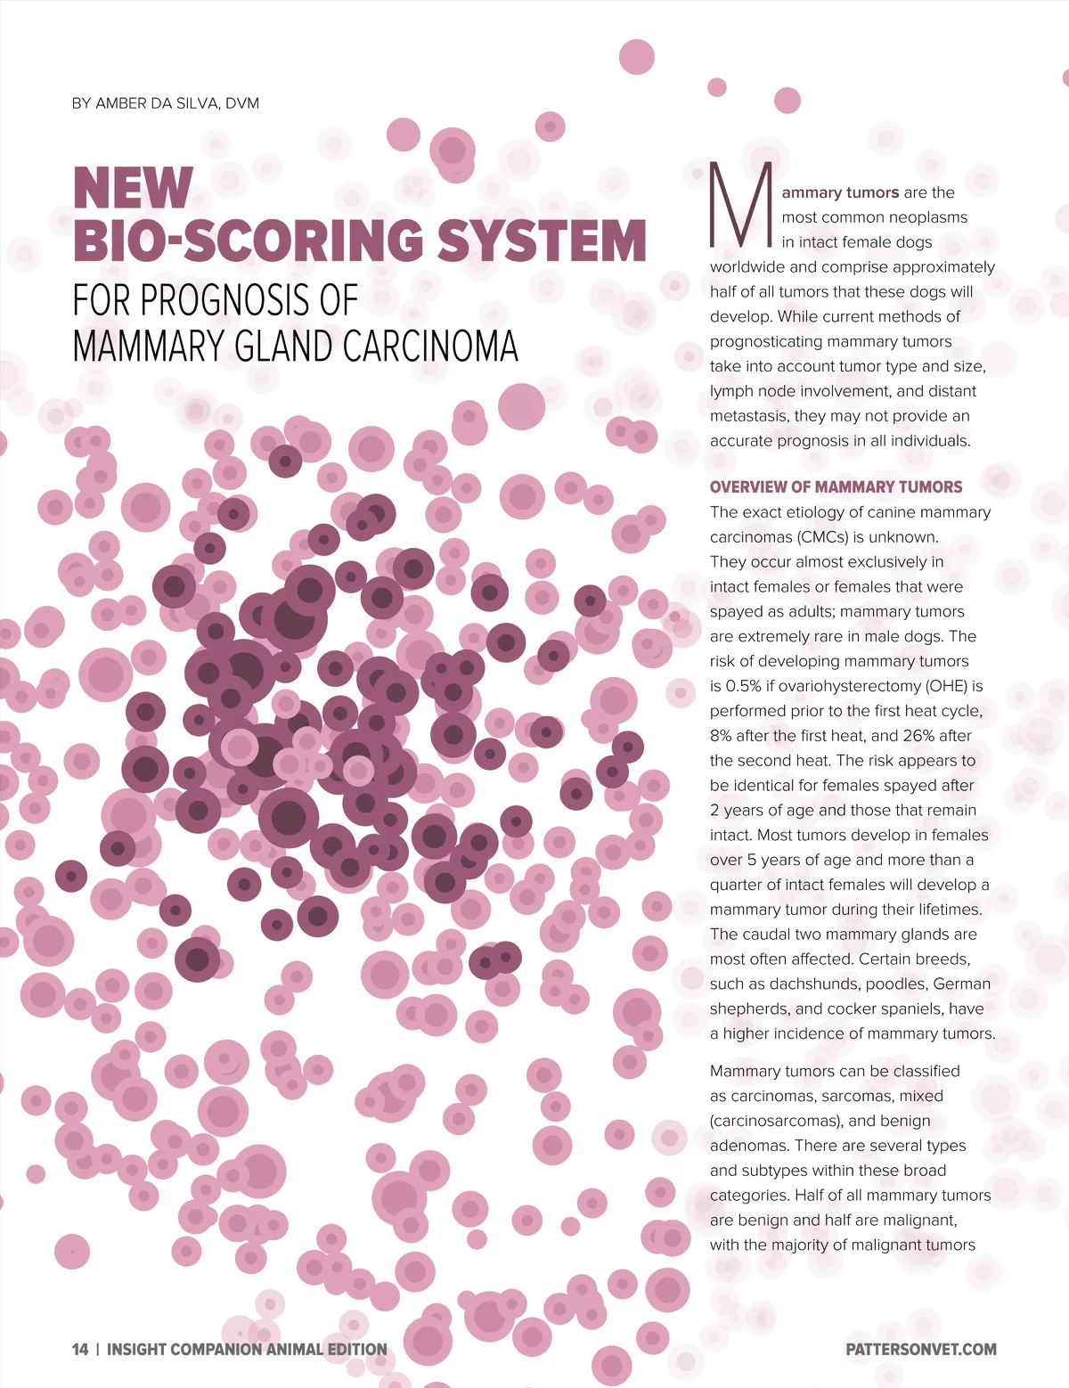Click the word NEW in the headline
pyautogui.click(x=133, y=188)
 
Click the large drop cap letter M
pyautogui.click(x=739, y=205)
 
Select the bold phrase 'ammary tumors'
pyautogui.click(x=840, y=192)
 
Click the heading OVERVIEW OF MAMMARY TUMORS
pyautogui.click(x=836, y=486)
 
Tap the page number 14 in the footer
pyautogui.click(x=80, y=1349)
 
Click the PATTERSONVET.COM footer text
pyautogui.click(x=921, y=1349)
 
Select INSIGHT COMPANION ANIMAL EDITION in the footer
pyautogui.click(x=247, y=1349)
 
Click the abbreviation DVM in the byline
pyautogui.click(x=241, y=103)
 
